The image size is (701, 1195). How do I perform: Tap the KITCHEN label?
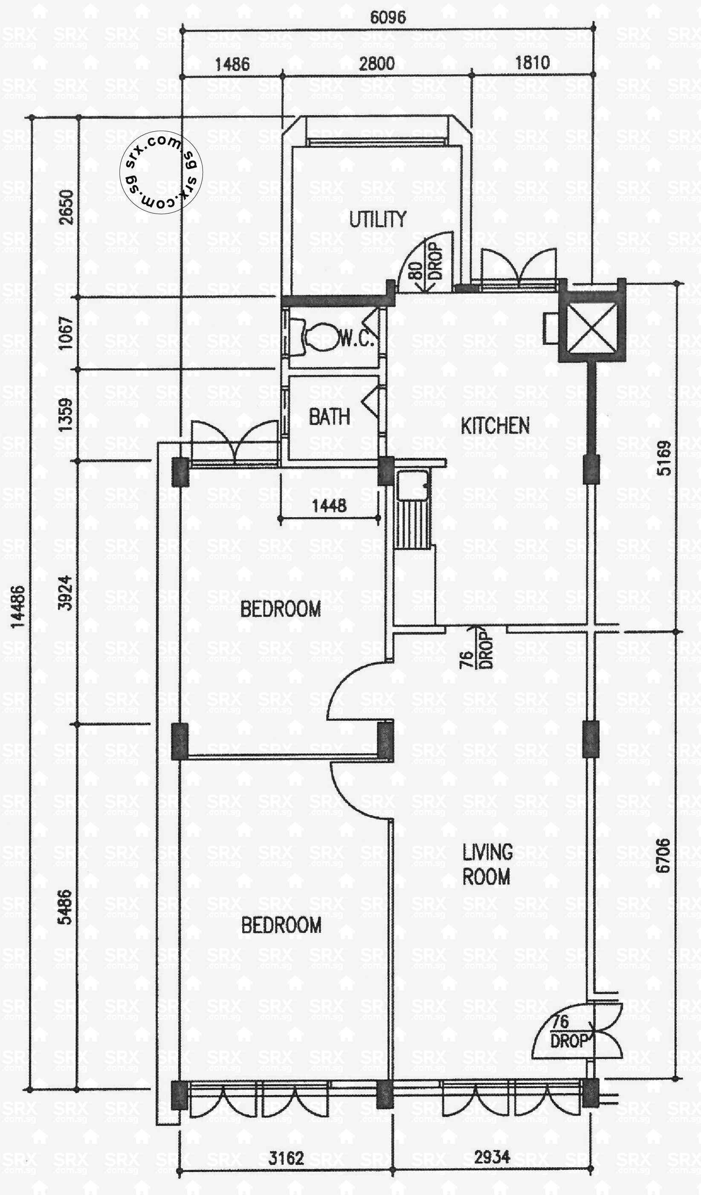pos(495,426)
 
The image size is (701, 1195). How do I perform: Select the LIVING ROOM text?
pos(487,864)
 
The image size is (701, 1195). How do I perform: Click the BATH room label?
pos(329,417)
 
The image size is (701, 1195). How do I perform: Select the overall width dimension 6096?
pos(388,17)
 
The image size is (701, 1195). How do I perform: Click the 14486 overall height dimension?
pos(17,607)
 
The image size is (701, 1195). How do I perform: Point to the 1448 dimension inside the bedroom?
pos(329,506)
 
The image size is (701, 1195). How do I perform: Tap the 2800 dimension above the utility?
pos(376,64)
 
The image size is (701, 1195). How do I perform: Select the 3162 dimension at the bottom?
pos(286,1157)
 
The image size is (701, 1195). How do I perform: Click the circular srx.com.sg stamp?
pos(161,172)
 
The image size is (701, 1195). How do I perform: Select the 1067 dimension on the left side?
pos(66,333)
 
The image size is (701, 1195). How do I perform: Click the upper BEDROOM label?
pos(280,609)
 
